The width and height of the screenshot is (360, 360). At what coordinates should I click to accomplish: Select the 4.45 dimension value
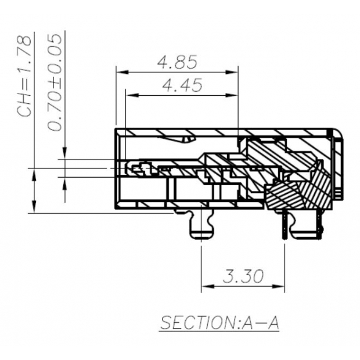(182, 86)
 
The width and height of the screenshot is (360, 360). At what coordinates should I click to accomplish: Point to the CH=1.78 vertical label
(24, 75)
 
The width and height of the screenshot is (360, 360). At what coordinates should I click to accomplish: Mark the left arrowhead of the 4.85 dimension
(121, 72)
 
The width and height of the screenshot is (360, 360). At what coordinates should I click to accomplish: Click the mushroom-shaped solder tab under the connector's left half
(201, 226)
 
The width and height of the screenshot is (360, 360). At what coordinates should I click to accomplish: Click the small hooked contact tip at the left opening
(135, 169)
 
